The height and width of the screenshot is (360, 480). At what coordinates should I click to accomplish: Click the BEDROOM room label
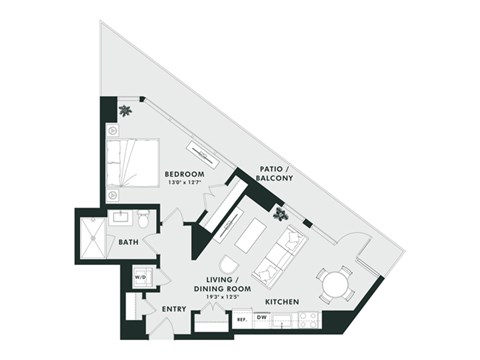pyautogui.click(x=184, y=174)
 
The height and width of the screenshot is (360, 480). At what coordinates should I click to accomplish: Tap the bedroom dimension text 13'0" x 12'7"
pyautogui.click(x=184, y=183)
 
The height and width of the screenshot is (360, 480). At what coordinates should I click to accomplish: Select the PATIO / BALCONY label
pyautogui.click(x=275, y=174)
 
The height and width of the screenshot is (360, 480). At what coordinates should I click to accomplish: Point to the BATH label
pyautogui.click(x=128, y=242)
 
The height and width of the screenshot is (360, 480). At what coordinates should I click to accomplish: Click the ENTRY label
pyautogui.click(x=174, y=310)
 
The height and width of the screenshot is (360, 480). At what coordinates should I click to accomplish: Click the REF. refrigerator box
pyautogui.click(x=241, y=320)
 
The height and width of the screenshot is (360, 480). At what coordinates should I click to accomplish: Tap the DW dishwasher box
pyautogui.click(x=261, y=319)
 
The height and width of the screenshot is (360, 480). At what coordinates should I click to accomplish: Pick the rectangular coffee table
pyautogui.click(x=250, y=237)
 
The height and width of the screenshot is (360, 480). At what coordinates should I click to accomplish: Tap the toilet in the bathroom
pyautogui.click(x=143, y=218)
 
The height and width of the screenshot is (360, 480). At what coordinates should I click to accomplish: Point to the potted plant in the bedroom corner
pyautogui.click(x=125, y=110)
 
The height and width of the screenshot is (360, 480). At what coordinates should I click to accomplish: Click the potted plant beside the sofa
pyautogui.click(x=282, y=213)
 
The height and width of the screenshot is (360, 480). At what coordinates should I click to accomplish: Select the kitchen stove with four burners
pyautogui.click(x=308, y=319)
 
